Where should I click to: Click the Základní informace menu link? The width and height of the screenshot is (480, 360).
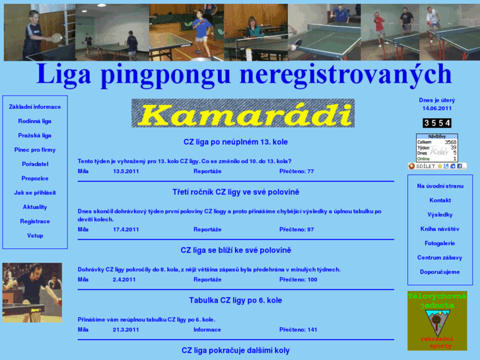click(x=35, y=107)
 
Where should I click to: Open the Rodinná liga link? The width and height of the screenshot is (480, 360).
click(x=35, y=122)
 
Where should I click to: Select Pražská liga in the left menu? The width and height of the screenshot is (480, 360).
click(x=35, y=135)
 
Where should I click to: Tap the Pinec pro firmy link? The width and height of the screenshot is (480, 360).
click(x=35, y=150)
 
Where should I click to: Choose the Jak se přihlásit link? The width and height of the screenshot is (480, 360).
click(x=35, y=193)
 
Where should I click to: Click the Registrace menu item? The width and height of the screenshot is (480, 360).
click(x=35, y=221)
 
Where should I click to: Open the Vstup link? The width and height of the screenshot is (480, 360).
click(x=35, y=236)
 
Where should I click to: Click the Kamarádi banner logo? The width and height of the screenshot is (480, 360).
click(x=242, y=114)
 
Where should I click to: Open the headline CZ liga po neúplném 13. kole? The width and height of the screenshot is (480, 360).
click(x=236, y=142)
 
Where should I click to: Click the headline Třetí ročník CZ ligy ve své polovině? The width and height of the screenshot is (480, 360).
click(x=236, y=192)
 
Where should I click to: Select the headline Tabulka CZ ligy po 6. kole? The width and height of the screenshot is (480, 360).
click(x=236, y=301)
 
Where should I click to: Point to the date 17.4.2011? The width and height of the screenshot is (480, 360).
click(x=126, y=229)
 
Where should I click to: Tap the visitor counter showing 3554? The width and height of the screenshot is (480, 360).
click(x=437, y=123)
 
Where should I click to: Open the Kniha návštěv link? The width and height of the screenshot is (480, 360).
click(x=440, y=229)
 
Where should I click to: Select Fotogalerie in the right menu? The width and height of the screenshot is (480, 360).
click(x=440, y=244)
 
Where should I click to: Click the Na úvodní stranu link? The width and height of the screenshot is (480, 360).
click(x=440, y=186)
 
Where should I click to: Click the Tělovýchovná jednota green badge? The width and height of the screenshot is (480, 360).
click(x=436, y=320)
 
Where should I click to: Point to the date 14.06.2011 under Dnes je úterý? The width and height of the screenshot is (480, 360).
click(x=437, y=108)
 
